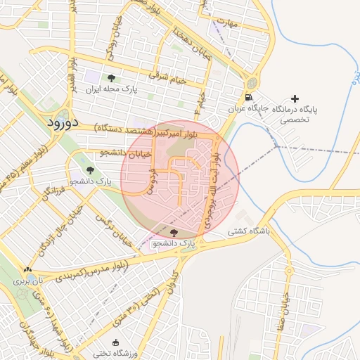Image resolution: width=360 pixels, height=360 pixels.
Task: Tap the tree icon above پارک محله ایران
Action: coord(111,78)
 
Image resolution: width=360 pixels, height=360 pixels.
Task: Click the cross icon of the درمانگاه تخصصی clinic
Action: coord(295,98)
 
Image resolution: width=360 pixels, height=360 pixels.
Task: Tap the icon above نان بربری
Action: coord(27,269)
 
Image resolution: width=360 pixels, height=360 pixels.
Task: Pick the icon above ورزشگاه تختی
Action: coord(116,342)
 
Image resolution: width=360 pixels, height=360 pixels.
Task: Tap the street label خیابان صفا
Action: coord(286,302)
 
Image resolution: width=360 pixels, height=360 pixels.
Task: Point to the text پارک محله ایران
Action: coord(111,89)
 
